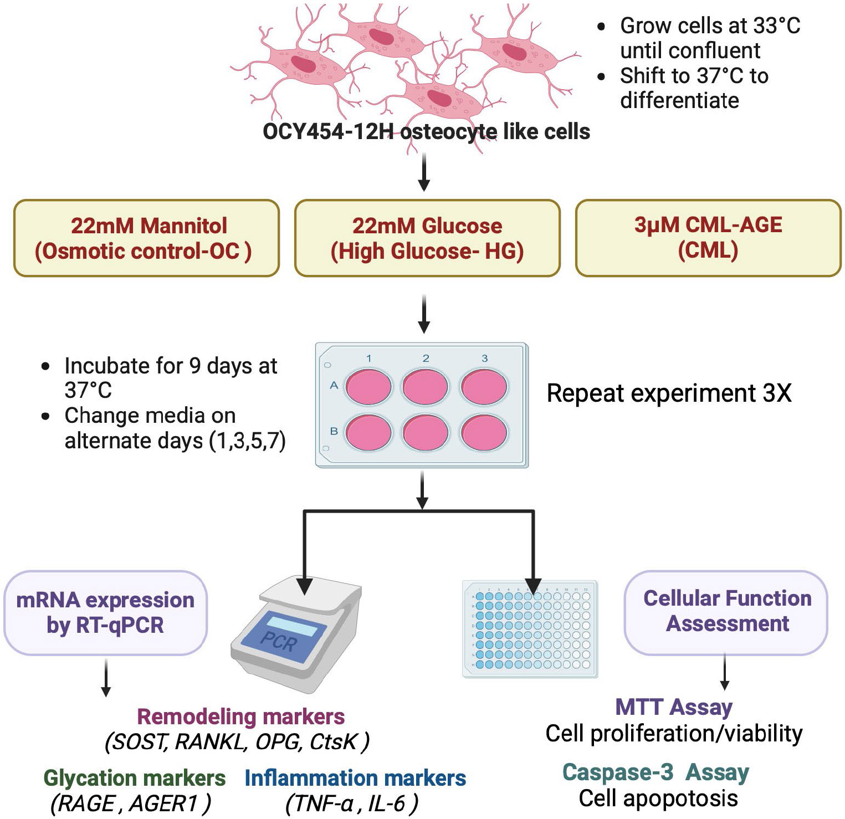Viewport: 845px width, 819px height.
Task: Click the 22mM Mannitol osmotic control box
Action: (146, 238)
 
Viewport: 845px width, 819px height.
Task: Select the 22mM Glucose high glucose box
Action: (427, 238)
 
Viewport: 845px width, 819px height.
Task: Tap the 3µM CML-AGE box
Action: (708, 238)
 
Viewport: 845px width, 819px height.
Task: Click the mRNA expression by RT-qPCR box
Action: (105, 612)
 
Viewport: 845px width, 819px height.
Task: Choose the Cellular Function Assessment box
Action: (726, 611)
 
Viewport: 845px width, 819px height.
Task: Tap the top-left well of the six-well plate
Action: (368, 386)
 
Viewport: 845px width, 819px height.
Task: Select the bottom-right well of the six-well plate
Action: (484, 432)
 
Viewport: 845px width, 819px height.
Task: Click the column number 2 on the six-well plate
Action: (426, 359)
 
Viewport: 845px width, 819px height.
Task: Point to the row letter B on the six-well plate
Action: (334, 431)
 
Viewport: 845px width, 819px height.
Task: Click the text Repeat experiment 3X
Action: (669, 393)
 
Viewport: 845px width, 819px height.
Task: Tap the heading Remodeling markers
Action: (240, 716)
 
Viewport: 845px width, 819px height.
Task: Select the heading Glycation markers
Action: (135, 778)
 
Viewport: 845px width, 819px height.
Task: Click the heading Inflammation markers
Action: (355, 778)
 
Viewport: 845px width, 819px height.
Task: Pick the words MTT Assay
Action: (674, 707)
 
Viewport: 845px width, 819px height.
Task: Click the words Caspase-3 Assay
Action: (655, 772)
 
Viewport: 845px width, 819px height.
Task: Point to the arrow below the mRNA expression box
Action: (106, 677)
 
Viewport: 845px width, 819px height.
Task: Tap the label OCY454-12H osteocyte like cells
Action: (426, 132)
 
